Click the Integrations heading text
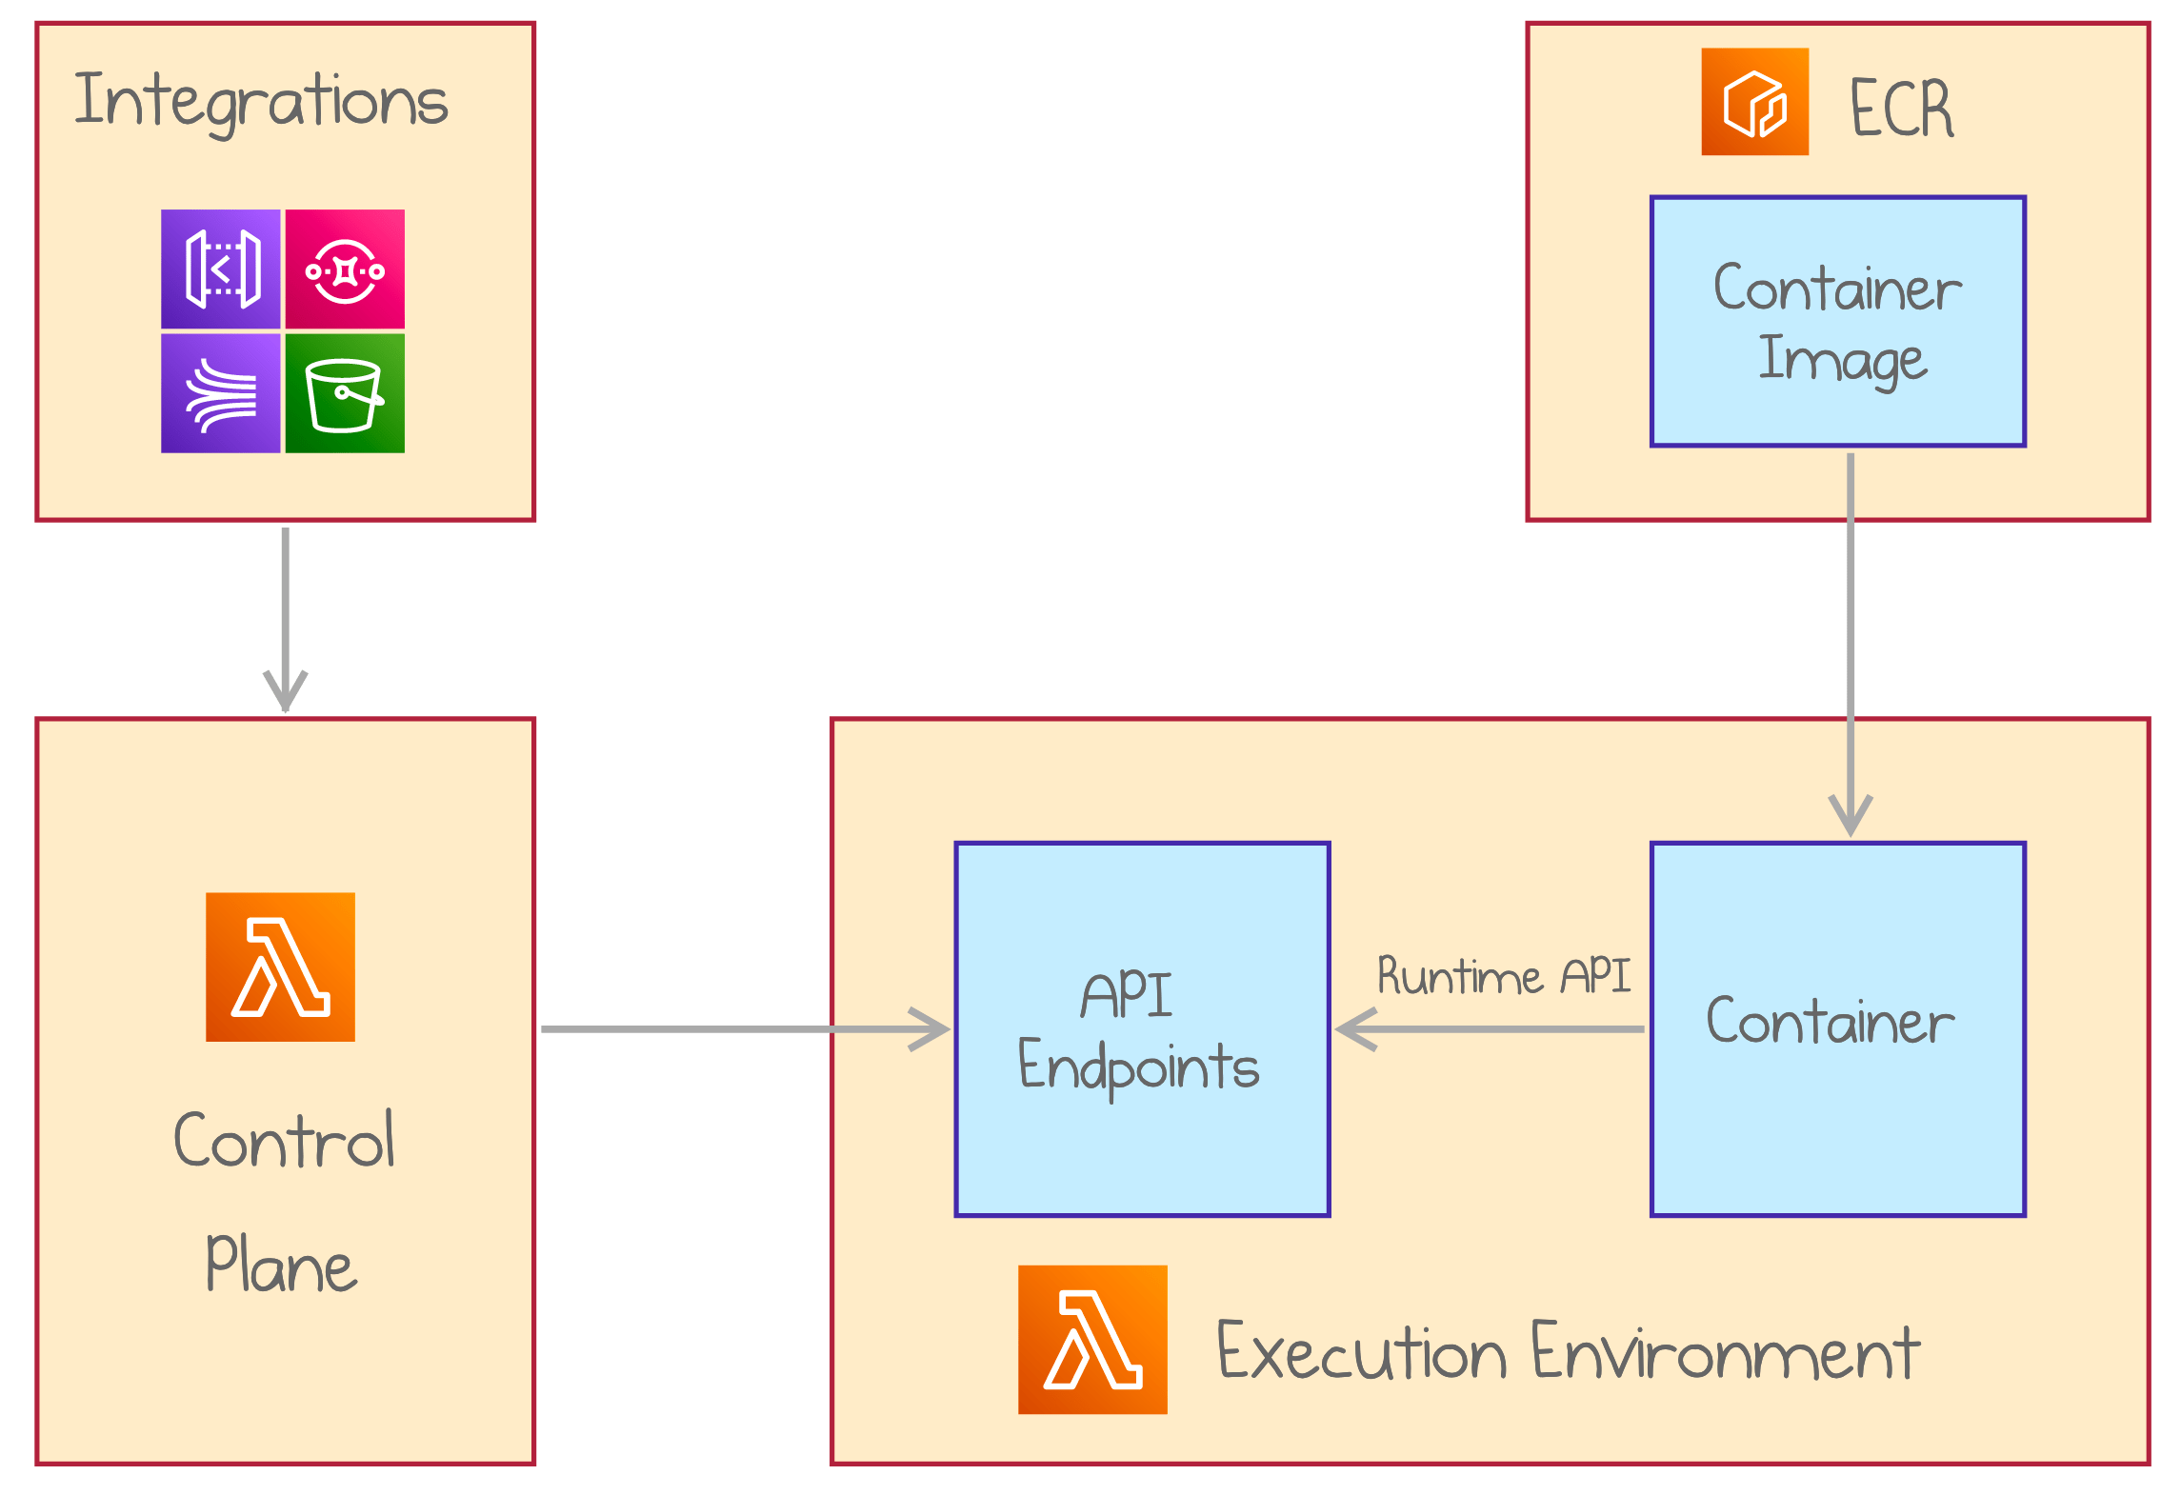coord(261,101)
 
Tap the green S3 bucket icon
coord(345,393)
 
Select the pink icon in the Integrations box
coord(345,269)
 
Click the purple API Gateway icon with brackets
coord(221,269)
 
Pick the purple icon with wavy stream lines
coord(221,393)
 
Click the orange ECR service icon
coord(1754,102)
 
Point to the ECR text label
coord(1901,109)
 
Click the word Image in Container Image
coord(1842,360)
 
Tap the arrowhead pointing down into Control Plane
coord(285,690)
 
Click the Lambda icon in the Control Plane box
coord(280,967)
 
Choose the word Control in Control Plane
coord(284,1140)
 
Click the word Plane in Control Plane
coord(281,1265)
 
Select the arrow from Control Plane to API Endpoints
coord(724,1029)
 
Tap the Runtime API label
coord(1503,977)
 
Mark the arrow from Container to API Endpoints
coord(1495,1029)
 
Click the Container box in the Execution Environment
coord(1837,1124)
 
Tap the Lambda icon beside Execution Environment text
coord(1092,1339)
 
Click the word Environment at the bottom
coord(1725,1352)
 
